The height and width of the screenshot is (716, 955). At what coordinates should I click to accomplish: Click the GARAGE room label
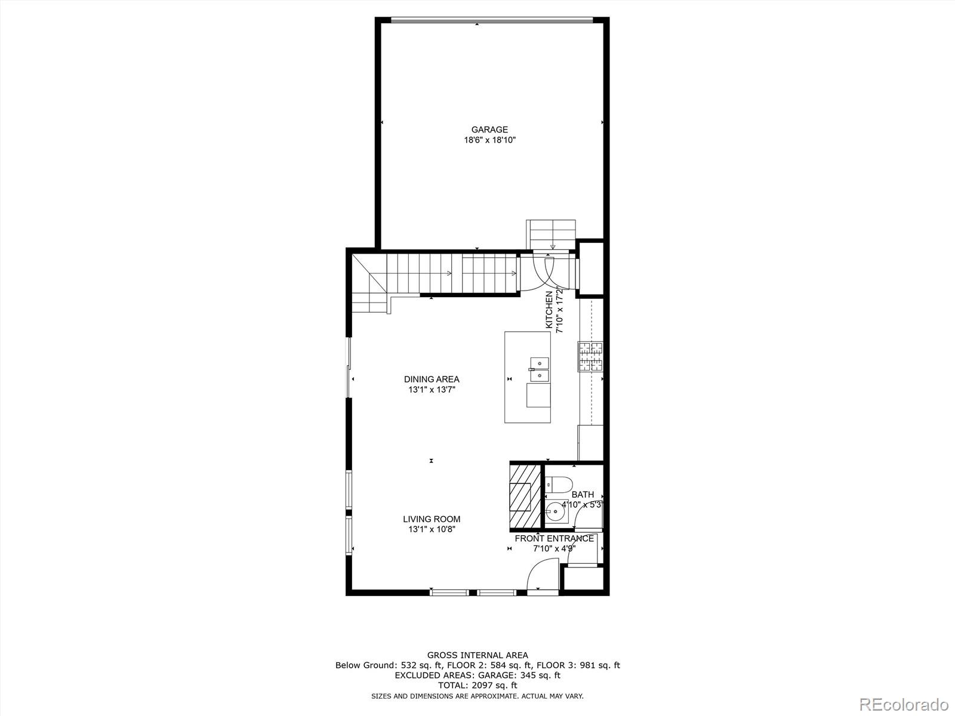[489, 129]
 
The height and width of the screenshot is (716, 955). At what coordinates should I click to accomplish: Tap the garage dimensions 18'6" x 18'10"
[489, 140]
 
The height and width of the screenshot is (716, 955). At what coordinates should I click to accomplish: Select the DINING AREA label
[432, 379]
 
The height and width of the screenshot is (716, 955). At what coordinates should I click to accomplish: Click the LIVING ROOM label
[432, 519]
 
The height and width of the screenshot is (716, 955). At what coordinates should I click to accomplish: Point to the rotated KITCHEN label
[549, 310]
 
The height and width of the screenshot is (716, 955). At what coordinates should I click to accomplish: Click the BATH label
[583, 494]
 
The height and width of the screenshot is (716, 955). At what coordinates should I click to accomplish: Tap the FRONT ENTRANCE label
[554, 538]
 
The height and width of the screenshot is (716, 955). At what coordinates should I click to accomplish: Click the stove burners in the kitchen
[590, 356]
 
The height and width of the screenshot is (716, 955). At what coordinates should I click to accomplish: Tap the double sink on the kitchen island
[539, 369]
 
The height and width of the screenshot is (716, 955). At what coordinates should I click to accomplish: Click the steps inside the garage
[551, 233]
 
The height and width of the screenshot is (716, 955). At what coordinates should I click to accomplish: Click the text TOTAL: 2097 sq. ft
[478, 686]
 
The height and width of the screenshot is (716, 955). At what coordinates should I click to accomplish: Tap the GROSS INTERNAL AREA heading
[478, 655]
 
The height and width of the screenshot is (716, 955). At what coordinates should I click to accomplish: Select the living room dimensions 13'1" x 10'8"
[432, 529]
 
